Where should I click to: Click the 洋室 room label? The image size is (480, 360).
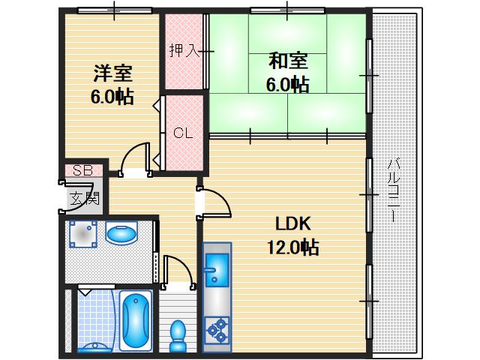pos(112,74)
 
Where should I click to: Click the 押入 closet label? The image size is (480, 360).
pos(183,51)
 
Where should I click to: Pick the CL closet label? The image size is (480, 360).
pos(184,133)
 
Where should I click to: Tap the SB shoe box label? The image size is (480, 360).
pos(82,171)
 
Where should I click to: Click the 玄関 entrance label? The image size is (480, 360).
pos(84,199)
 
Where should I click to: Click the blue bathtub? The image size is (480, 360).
pos(135,319)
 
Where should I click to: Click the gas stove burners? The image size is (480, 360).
pos(217,328)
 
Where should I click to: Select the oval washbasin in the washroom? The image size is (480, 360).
pos(120,235)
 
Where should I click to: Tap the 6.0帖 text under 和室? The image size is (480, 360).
pos(287,85)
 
